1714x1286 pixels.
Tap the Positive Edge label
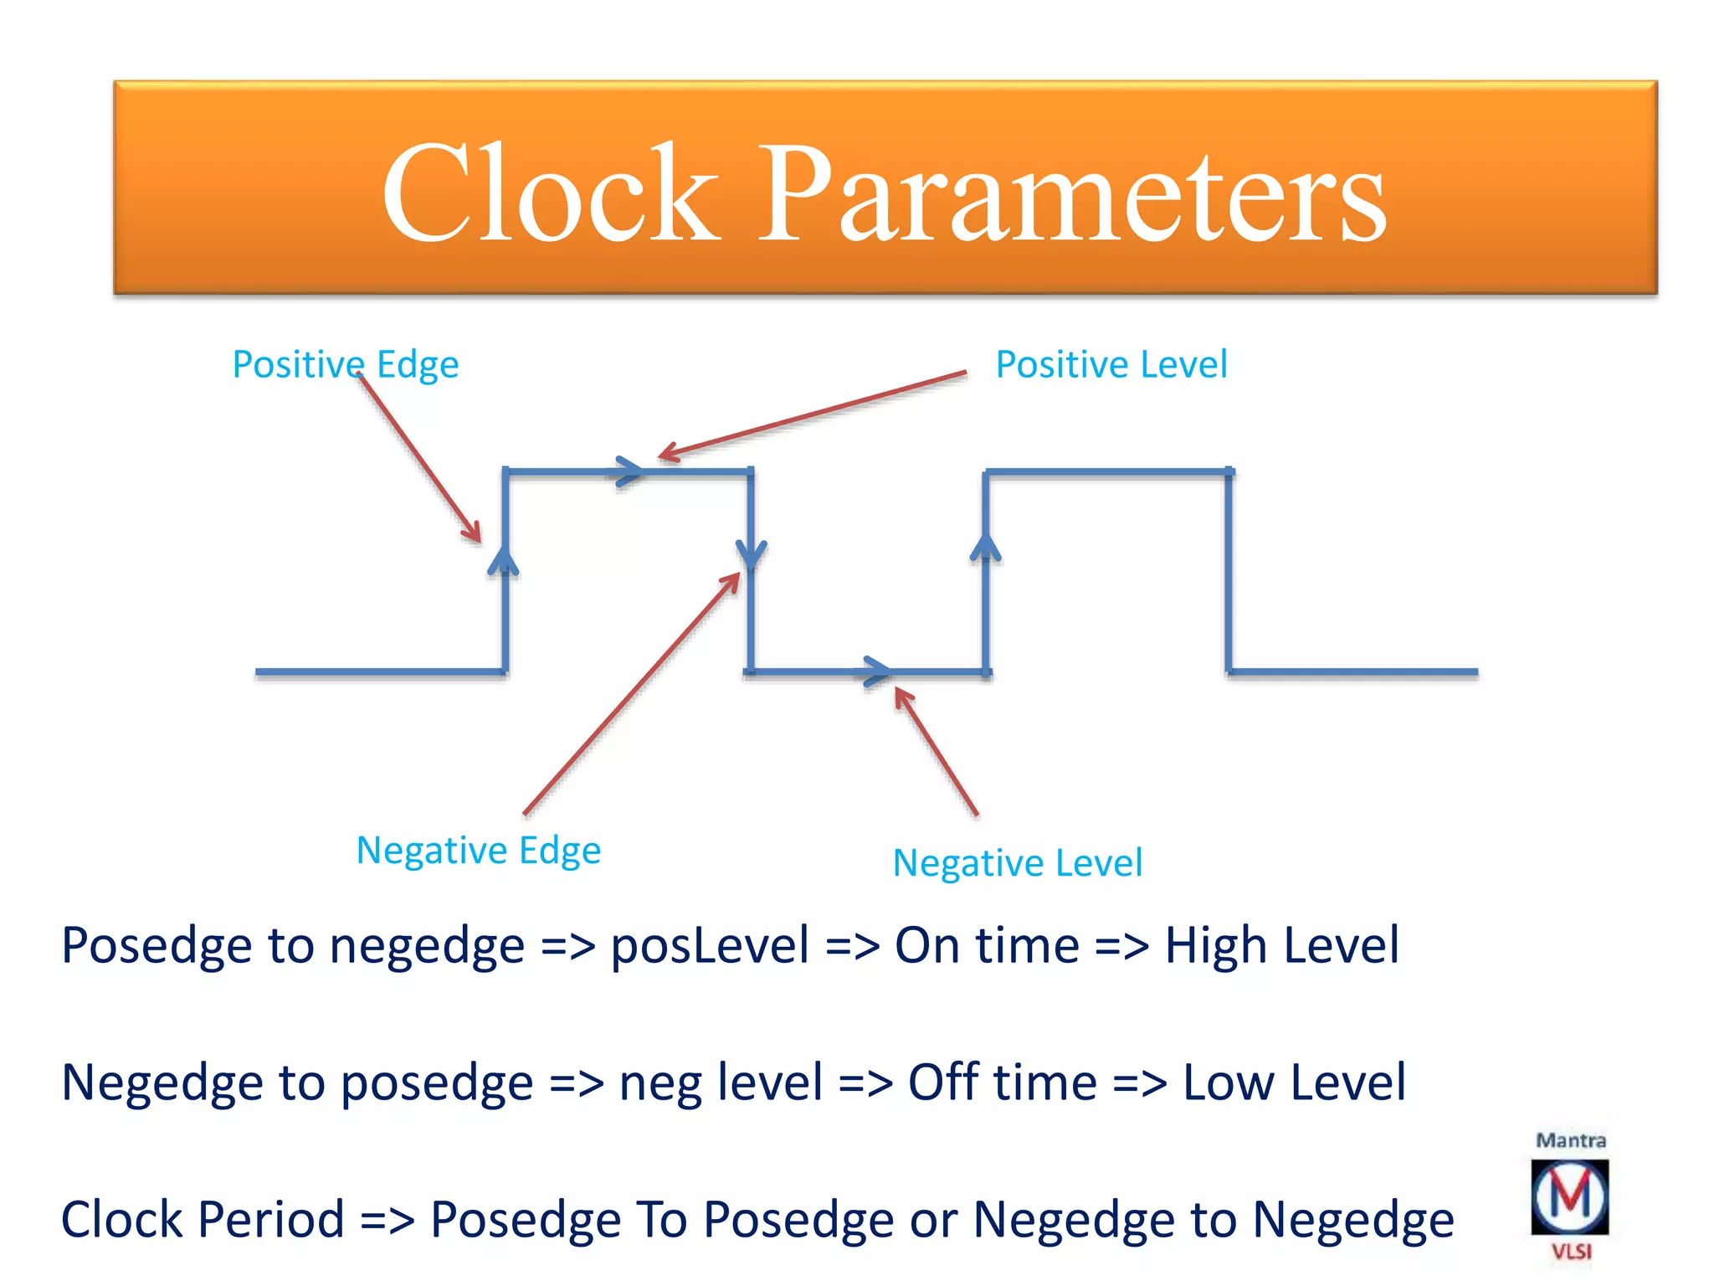pos(345,364)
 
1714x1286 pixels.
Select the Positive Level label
pos(1111,364)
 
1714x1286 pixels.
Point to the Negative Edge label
pos(478,851)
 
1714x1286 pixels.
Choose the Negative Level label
pos(1017,863)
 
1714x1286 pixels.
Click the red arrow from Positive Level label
pos(812,415)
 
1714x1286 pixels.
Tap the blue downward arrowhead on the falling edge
pos(751,553)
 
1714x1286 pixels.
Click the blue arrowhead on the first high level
pos(629,471)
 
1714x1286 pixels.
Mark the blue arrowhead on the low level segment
pos(876,671)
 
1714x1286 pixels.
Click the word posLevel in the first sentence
pos(710,945)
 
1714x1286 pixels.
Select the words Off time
pos(1002,1082)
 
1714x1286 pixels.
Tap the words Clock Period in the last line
pos(203,1219)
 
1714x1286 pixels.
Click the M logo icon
pos(1569,1197)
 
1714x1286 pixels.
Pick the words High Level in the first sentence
pos(1281,945)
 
